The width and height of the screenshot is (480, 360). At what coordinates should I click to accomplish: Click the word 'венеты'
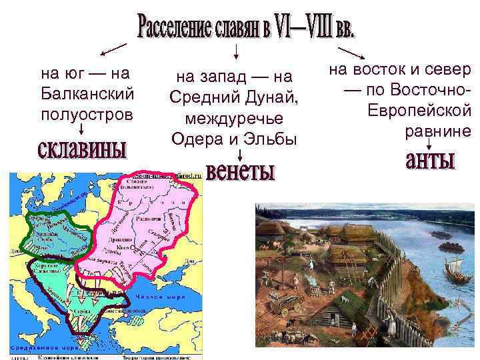click(x=241, y=171)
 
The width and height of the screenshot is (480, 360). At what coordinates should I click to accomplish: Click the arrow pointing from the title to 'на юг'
click(x=113, y=48)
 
